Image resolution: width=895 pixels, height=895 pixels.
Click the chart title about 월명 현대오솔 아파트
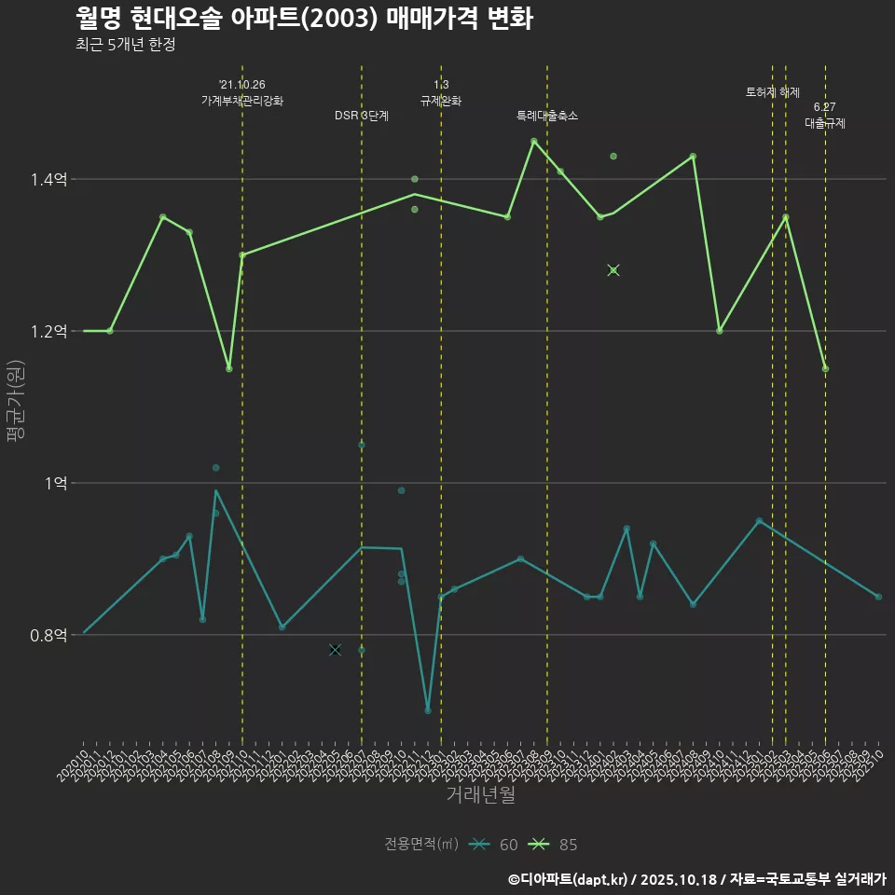pos(304,19)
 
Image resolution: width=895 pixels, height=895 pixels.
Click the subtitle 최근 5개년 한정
pos(126,45)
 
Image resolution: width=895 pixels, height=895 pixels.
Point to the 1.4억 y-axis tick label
pos(48,179)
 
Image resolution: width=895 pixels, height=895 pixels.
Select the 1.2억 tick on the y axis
pos(48,331)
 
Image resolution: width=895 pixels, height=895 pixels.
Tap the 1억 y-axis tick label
pos(54,483)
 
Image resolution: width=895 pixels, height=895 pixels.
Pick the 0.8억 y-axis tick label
pos(48,635)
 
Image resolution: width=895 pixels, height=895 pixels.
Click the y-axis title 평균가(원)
pos(16,407)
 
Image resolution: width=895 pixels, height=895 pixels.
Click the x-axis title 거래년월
pos(480,795)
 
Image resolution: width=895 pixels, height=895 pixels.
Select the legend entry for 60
pos(494,845)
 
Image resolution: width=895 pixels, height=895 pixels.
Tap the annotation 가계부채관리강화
pos(242,100)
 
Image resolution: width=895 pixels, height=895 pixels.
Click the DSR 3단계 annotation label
pos(362,116)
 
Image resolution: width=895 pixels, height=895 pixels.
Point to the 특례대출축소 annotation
pos(547,116)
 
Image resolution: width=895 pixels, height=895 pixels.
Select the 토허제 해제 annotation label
pos(773,92)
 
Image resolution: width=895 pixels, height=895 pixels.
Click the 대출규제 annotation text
pos(825,122)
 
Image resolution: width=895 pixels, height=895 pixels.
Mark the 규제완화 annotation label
pos(441,100)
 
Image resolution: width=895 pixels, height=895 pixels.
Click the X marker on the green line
pos(613,270)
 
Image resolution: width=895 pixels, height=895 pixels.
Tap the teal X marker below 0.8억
pos(335,650)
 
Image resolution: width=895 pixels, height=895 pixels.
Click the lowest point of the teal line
pos(428,710)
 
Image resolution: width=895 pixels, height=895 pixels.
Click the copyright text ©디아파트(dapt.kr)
pos(570,878)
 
